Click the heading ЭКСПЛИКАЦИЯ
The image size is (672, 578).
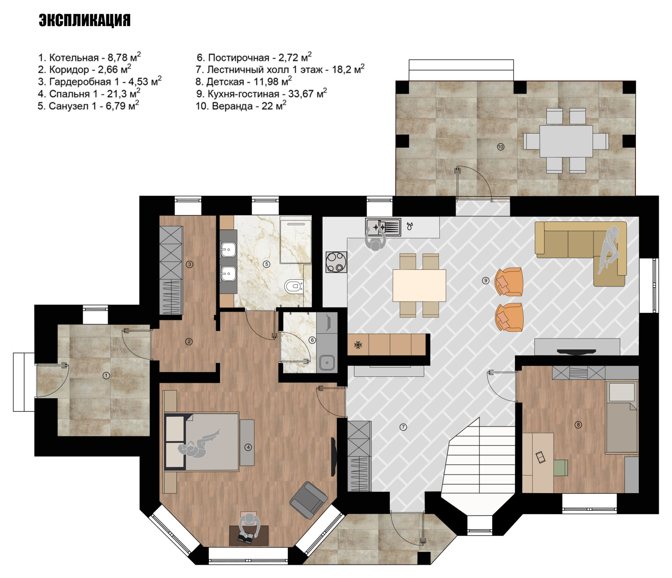tap(84, 20)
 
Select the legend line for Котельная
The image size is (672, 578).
tap(89, 57)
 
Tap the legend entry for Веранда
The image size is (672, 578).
tap(241, 105)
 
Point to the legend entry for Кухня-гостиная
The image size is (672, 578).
tap(261, 93)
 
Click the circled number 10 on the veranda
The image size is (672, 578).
tap(500, 147)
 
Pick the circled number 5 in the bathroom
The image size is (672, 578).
tap(266, 264)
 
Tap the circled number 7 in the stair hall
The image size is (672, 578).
tap(403, 427)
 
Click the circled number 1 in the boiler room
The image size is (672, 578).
tap(106, 376)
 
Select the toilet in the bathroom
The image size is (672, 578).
tap(294, 287)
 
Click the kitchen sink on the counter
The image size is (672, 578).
tap(382, 227)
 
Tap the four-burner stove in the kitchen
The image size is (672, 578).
tap(336, 262)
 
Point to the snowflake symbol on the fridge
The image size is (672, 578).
tap(358, 345)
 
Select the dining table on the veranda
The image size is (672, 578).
tap(566, 141)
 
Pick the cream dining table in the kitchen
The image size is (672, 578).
tap(419, 285)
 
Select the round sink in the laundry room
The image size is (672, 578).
tap(327, 362)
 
